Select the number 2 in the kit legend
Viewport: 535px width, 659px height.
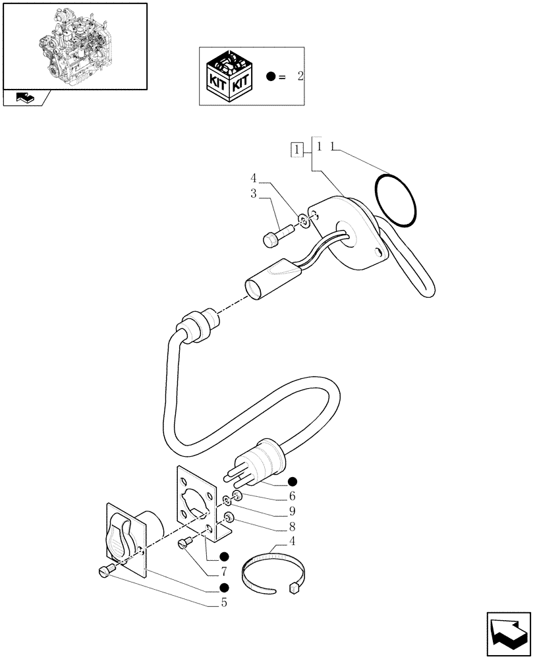(300, 76)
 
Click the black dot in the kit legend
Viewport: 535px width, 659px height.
(271, 76)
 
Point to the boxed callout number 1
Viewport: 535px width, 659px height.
(298, 150)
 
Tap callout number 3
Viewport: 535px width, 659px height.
(253, 194)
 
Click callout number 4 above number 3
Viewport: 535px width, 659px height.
(253, 179)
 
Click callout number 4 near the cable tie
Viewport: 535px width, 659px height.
(291, 542)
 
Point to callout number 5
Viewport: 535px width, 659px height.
(225, 602)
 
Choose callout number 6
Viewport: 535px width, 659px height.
(291, 496)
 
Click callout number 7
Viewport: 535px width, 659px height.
(224, 571)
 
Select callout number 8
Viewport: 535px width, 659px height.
(291, 527)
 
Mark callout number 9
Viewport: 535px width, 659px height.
(291, 511)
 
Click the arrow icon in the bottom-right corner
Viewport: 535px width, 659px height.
(507, 633)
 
